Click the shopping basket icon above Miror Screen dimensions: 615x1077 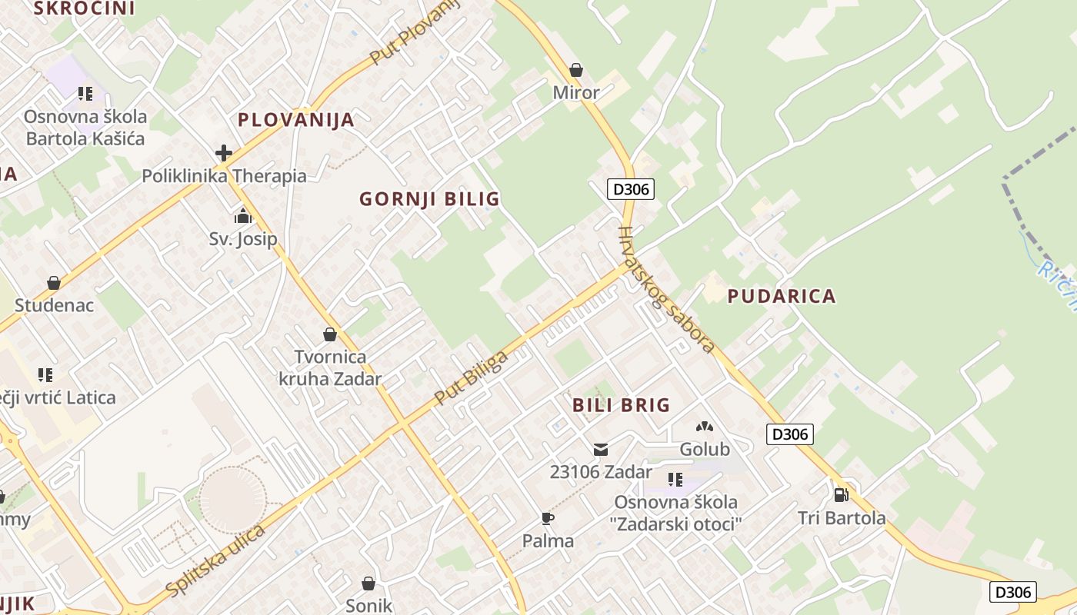pyautogui.click(x=576, y=71)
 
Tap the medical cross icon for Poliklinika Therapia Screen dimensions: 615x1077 pyautogui.click(x=224, y=153)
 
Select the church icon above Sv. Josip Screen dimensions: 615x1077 pyautogui.click(x=243, y=216)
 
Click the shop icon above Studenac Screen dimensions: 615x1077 pyautogui.click(x=54, y=283)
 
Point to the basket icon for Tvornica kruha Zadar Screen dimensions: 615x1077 pyautogui.click(x=330, y=334)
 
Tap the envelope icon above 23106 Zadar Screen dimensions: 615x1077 pyautogui.click(x=601, y=449)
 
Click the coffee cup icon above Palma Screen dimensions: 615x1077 pyautogui.click(x=548, y=518)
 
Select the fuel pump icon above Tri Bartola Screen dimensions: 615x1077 pyautogui.click(x=841, y=494)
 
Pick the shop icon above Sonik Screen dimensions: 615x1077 pyautogui.click(x=368, y=583)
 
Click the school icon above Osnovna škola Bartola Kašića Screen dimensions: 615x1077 pyautogui.click(x=85, y=94)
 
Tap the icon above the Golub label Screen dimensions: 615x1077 pyautogui.click(x=705, y=426)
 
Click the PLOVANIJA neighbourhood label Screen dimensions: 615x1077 pyautogui.click(x=296, y=120)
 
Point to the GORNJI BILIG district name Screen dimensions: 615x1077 pyautogui.click(x=429, y=199)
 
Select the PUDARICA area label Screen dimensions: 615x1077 pyautogui.click(x=782, y=296)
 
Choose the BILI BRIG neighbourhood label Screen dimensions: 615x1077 pyautogui.click(x=621, y=405)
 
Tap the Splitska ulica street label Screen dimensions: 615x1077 pyautogui.click(x=215, y=560)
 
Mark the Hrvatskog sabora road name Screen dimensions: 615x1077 pyautogui.click(x=666, y=289)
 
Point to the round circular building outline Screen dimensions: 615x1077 pyautogui.click(x=232, y=500)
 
